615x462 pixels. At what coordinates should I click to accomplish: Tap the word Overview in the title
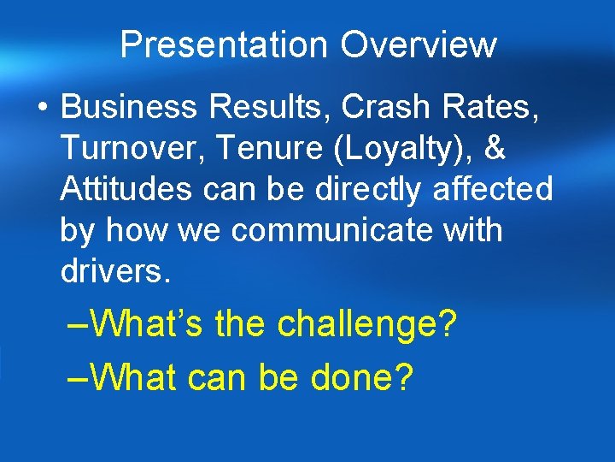coord(419,44)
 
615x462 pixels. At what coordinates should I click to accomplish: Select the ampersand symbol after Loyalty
coord(493,149)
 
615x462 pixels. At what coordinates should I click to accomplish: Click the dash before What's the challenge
coord(78,326)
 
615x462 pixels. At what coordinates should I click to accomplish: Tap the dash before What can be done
coord(78,377)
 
